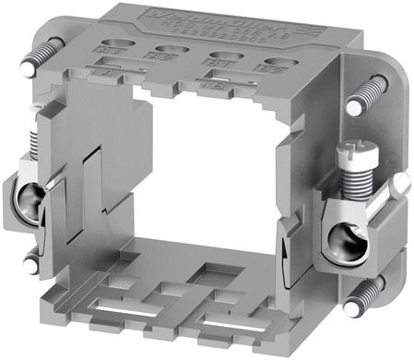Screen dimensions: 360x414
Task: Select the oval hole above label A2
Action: click(170, 50)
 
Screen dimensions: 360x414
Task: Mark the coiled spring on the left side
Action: click(35, 143)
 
